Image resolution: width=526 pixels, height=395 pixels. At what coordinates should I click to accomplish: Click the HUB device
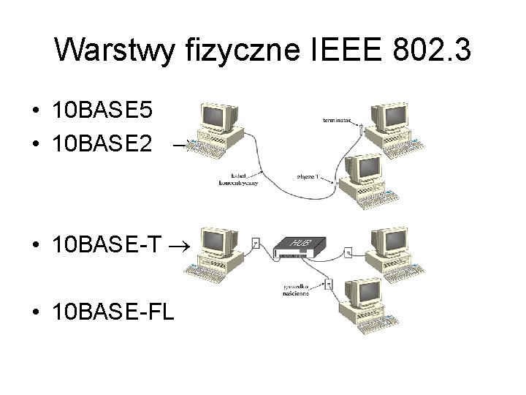(299, 247)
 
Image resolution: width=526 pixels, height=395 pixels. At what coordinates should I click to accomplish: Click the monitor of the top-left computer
(218, 116)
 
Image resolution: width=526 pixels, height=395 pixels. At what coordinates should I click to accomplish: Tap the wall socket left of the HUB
(255, 244)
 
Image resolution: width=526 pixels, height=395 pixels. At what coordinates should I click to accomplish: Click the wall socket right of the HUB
(348, 253)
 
